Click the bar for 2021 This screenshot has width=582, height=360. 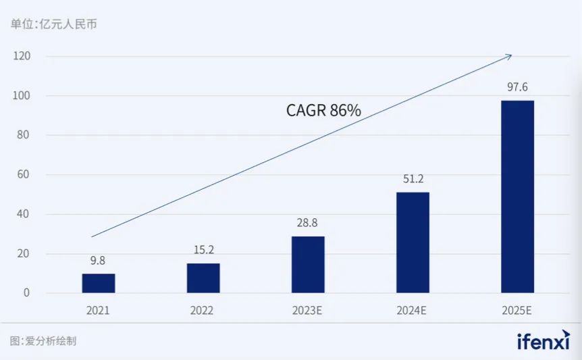coord(99,283)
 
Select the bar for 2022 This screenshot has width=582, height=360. coord(203,278)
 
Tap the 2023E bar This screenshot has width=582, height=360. coord(308,264)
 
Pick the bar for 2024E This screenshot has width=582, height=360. coord(413,242)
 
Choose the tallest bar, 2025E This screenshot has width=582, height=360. coord(517,197)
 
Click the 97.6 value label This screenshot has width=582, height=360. coord(517,87)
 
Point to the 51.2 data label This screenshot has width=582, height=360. coord(413,179)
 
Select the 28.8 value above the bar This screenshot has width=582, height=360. coord(308,223)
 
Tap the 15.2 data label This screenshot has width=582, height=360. coord(203,250)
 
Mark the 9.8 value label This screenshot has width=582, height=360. coord(99,260)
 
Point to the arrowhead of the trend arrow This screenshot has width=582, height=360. coord(510,55)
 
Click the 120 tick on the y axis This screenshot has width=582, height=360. coord(22,56)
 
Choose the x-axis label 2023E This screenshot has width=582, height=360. coord(307,311)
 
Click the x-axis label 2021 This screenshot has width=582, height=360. coord(98,311)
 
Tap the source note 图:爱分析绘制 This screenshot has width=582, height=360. coord(43,341)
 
